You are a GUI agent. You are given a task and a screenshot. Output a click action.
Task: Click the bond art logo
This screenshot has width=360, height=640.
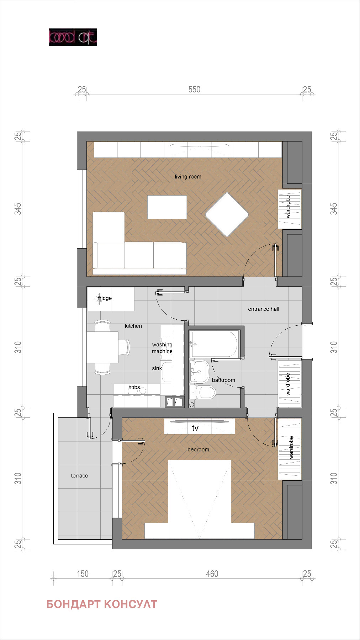[x=73, y=37]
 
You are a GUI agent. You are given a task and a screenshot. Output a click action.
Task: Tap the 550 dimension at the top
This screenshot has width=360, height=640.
[x=194, y=90]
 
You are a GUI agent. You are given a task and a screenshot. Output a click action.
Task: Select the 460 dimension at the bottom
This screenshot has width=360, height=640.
[x=212, y=574]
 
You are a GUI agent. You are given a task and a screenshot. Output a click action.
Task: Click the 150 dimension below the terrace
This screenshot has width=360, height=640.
[x=83, y=574]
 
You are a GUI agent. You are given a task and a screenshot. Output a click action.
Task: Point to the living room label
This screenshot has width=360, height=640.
[x=188, y=177]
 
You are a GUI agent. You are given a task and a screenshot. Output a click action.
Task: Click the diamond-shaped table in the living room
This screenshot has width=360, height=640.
[x=227, y=214]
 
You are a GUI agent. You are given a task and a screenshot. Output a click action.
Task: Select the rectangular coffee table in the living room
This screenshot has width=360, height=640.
[x=167, y=207]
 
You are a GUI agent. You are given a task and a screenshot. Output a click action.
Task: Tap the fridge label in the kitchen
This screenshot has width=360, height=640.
[x=105, y=298]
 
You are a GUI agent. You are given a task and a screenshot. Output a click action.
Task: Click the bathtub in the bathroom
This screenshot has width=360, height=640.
[x=214, y=344]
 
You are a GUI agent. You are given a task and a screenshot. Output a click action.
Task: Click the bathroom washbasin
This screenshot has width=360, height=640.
[x=199, y=372]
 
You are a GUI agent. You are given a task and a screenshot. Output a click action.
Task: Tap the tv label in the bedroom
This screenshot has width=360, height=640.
[x=195, y=428]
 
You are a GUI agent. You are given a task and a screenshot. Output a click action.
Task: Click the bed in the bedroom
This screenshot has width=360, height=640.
[x=199, y=498]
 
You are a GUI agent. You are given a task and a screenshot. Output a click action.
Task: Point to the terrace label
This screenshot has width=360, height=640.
[x=79, y=476]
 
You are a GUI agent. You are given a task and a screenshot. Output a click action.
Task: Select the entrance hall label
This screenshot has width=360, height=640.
[x=263, y=309]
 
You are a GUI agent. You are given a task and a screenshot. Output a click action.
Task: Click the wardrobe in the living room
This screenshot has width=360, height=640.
[x=289, y=209]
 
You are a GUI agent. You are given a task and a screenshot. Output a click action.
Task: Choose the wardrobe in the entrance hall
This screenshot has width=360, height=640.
[x=289, y=384]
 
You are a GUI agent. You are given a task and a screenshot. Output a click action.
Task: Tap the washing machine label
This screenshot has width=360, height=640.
[x=162, y=348]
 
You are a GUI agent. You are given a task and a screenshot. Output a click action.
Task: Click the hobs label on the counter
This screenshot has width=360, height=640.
[x=134, y=387]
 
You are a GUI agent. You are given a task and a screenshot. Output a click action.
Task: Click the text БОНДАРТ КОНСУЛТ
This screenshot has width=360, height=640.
[x=102, y=604]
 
